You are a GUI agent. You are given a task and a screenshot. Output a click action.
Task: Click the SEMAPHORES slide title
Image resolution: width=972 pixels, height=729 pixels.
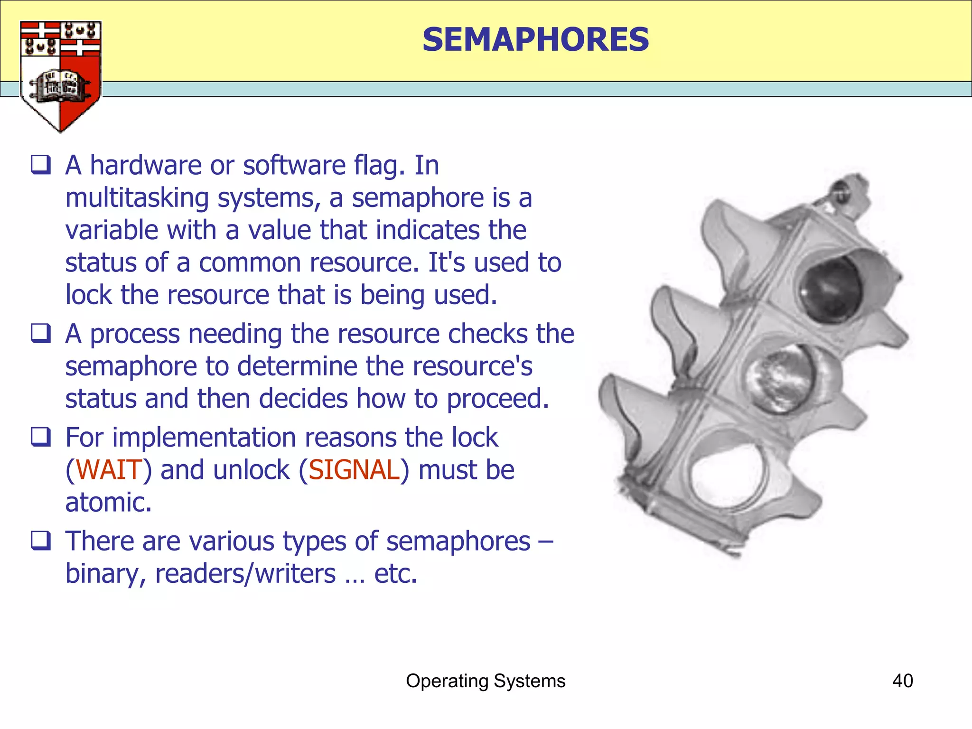click(x=535, y=39)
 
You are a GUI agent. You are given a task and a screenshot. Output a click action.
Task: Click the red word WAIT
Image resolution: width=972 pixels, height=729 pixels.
click(x=109, y=470)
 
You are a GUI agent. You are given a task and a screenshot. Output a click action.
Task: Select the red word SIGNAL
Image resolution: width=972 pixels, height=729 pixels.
click(x=354, y=470)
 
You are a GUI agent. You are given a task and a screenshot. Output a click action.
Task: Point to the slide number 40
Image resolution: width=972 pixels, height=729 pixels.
click(x=902, y=681)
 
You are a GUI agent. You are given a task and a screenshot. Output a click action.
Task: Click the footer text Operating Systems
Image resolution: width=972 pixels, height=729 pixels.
click(x=486, y=681)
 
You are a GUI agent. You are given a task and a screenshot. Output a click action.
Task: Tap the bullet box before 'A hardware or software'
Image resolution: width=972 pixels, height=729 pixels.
click(x=41, y=165)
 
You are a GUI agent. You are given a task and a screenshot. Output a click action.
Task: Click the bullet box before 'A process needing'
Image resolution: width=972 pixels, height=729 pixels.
click(x=41, y=333)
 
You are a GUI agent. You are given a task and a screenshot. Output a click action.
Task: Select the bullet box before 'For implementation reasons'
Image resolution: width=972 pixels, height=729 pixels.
click(x=41, y=437)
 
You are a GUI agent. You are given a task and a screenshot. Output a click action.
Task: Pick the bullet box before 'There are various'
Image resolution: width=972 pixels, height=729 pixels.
click(x=41, y=541)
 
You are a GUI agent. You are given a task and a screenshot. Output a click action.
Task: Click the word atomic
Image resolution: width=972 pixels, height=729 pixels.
click(x=108, y=502)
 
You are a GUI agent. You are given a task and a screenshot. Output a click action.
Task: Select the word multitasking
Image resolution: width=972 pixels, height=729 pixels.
click(x=137, y=198)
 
